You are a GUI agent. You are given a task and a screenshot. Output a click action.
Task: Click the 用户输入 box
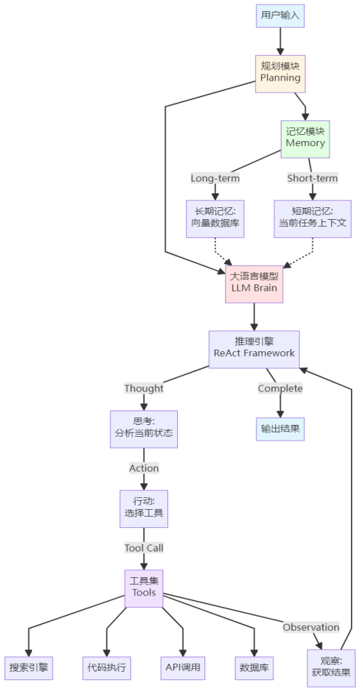280,15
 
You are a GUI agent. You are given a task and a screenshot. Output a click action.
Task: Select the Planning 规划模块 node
280,72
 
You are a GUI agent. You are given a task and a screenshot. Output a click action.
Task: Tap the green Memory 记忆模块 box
305,137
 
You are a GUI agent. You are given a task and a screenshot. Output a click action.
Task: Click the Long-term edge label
215,178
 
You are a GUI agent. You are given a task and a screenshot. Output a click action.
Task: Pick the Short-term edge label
313,178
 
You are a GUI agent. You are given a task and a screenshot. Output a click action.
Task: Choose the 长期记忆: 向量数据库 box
215,218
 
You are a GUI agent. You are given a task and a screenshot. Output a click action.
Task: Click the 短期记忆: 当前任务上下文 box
313,218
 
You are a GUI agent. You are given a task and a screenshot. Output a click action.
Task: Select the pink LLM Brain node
254,282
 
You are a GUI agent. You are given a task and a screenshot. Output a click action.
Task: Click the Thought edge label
144,388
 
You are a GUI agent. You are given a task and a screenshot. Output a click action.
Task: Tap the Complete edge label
280,388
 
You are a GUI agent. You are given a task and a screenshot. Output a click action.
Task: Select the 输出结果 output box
280,428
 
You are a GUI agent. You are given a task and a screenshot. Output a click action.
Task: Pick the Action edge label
144,468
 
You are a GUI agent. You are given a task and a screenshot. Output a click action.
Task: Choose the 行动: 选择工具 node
144,508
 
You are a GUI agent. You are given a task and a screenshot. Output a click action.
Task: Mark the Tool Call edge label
144,547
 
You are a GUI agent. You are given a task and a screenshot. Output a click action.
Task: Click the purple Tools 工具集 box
144,588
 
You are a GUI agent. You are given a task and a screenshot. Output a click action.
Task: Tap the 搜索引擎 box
28,668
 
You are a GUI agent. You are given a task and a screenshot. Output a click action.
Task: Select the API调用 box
183,668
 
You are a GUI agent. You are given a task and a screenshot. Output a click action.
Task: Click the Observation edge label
311,627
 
